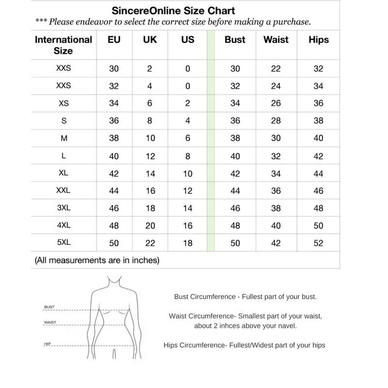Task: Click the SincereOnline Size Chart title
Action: pyautogui.click(x=173, y=10)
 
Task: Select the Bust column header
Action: pyautogui.click(x=235, y=40)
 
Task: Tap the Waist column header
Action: pyautogui.click(x=275, y=40)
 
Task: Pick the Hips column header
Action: pyautogui.click(x=318, y=40)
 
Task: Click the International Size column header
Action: pyautogui.click(x=64, y=45)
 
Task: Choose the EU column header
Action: pyautogui.click(x=114, y=40)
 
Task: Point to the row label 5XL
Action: pyautogui.click(x=64, y=242)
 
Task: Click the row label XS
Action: pyautogui.click(x=64, y=103)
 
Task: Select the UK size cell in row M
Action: pyautogui.click(x=150, y=138)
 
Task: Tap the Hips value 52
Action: pyautogui.click(x=318, y=243)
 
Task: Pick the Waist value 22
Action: pyautogui.click(x=275, y=69)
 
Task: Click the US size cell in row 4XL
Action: pyautogui.click(x=188, y=226)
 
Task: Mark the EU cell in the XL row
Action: pyautogui.click(x=114, y=174)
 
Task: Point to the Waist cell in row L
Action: pyautogui.click(x=275, y=156)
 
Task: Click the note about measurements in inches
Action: pyautogui.click(x=97, y=260)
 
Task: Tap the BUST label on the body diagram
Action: pyautogui.click(x=49, y=307)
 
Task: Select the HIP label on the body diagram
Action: pyautogui.click(x=47, y=344)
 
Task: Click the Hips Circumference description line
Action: pyautogui.click(x=244, y=345)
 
